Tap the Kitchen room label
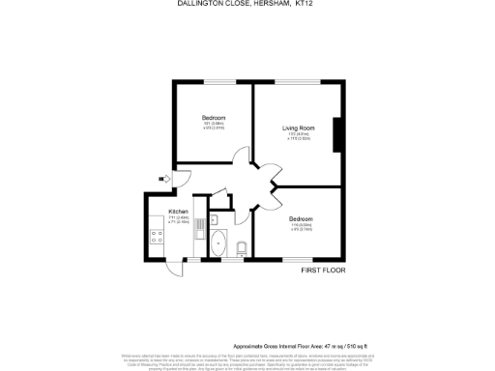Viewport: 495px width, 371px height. pos(178,212)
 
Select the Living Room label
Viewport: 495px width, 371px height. pos(300,128)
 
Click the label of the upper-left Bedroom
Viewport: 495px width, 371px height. pos(214,117)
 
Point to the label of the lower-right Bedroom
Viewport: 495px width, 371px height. pos(301,219)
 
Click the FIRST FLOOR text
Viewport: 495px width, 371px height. pos(323,270)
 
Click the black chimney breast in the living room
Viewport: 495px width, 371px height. pos(337,134)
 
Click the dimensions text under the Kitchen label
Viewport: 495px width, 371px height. pos(178,220)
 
